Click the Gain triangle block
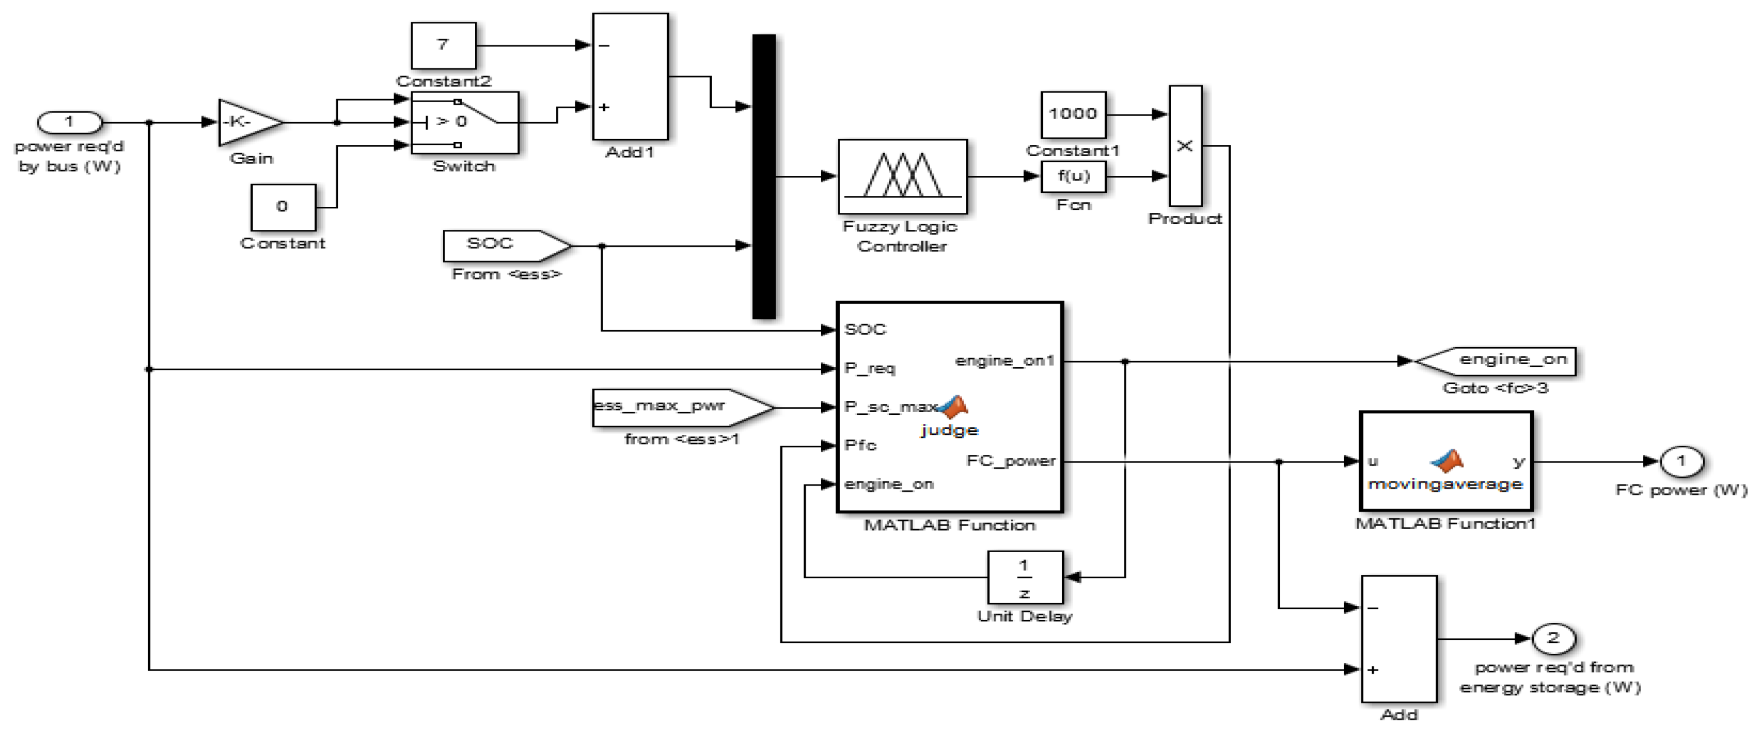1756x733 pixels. pos(246,123)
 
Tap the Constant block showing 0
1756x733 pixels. pos(283,207)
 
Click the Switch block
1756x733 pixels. pos(464,123)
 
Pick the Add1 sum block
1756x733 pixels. pos(630,76)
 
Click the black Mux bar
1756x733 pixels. pos(763,177)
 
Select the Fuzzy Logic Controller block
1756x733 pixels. pos(902,177)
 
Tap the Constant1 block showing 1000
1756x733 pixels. pos(1073,114)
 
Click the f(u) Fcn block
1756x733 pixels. pos(1073,177)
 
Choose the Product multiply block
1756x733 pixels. pos(1186,146)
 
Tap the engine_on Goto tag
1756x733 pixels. pos(1500,360)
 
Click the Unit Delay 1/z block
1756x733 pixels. pos(1025,578)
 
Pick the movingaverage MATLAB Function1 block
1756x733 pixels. pos(1446,461)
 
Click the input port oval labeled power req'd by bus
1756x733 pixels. pos(69,123)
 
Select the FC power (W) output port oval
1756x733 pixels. pos(1681,461)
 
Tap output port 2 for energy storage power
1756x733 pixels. pos(1553,639)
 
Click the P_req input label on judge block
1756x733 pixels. pos(869,369)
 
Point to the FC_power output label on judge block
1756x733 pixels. pos(1010,461)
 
